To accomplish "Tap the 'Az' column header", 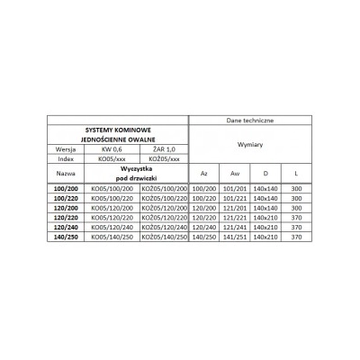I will (203, 172).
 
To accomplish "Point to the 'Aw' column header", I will (235, 172).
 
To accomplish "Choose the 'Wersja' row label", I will (67, 149).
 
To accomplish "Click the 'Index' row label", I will (67, 158).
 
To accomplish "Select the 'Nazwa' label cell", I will (67, 172).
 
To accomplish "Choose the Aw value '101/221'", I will (235, 197).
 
